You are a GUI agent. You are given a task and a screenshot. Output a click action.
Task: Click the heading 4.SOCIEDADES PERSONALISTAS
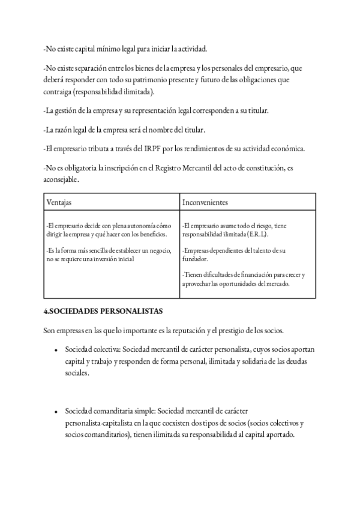tap(103, 312)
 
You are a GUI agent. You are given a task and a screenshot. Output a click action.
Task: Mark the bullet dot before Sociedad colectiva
tap(55, 350)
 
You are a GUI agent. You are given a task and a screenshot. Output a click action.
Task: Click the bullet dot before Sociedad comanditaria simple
tap(55, 412)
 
